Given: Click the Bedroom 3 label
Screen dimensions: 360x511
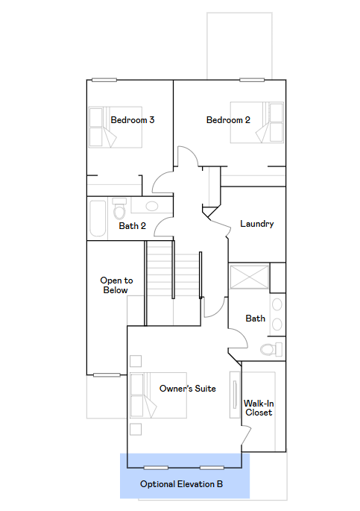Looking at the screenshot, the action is (133, 120).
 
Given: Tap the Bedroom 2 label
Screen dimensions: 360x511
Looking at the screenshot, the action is (228, 120).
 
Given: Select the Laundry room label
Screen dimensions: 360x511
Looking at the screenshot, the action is (257, 224).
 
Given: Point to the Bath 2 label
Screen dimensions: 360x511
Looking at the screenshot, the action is (132, 226).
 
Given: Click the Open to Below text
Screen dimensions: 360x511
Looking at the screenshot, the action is (116, 285).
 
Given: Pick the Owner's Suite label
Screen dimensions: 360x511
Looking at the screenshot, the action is (188, 388).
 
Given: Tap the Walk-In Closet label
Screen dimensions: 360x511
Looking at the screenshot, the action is (259, 408).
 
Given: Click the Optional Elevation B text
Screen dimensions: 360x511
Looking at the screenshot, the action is (181, 484).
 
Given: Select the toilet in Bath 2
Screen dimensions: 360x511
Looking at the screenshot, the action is (119, 209).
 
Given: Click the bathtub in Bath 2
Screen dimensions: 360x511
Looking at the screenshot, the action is (98, 219).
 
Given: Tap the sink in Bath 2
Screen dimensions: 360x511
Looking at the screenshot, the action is (152, 206).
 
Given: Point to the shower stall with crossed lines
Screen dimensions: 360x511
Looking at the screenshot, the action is (250, 277).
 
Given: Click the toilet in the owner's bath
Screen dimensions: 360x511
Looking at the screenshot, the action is (271, 349).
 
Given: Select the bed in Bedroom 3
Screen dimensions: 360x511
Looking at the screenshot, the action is (116, 127).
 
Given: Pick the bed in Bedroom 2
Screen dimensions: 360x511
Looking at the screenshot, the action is (257, 122).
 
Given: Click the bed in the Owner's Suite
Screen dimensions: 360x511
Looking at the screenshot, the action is (158, 395).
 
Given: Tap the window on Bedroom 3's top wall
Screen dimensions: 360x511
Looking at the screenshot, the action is (104, 80).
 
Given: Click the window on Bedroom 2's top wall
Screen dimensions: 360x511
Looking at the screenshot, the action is (252, 80).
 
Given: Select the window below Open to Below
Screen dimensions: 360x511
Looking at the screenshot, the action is (107, 375).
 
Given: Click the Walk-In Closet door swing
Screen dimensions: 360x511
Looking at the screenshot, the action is (247, 434).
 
